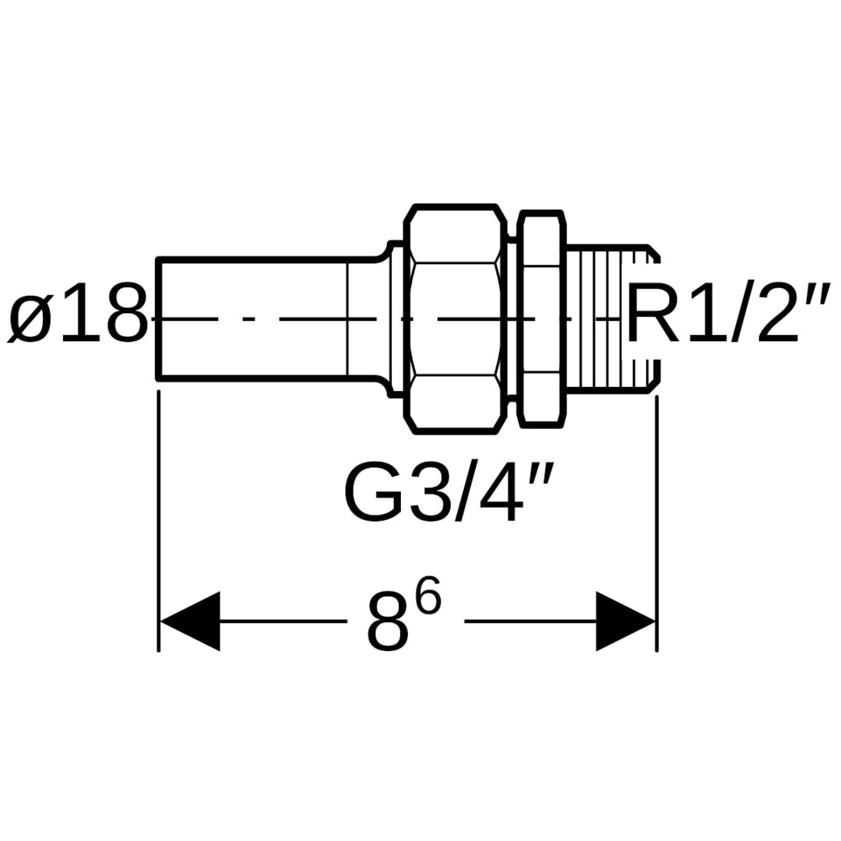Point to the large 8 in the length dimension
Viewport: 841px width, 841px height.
(x=387, y=623)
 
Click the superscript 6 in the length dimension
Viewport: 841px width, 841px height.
(x=428, y=597)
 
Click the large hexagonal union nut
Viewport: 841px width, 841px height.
(x=456, y=318)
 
